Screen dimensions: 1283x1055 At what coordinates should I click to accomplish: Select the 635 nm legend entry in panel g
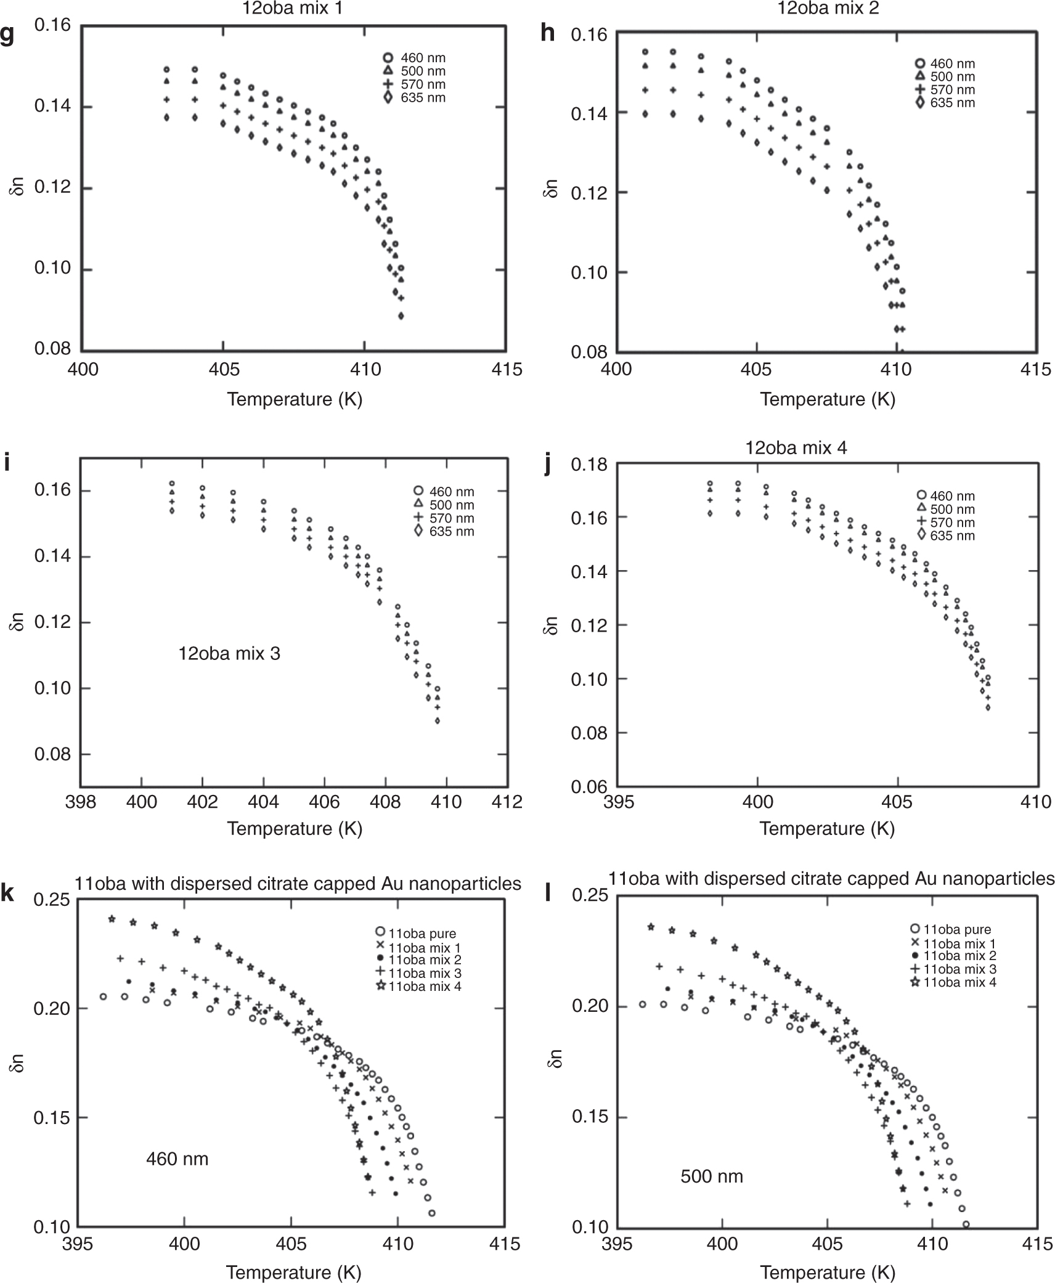[x=422, y=98]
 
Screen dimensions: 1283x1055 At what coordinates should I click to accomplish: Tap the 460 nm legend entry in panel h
[x=952, y=64]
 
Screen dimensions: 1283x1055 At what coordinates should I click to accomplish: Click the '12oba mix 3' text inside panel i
[x=229, y=653]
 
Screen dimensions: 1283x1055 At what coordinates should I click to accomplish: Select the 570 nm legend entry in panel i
[x=451, y=518]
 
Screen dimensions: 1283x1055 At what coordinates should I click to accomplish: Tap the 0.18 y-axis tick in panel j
[x=589, y=465]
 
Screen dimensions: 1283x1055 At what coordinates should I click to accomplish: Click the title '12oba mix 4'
[x=796, y=448]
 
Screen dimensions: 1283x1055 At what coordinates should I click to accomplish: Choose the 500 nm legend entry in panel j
[x=952, y=510]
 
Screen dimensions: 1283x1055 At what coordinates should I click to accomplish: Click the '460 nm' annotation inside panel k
[x=177, y=1159]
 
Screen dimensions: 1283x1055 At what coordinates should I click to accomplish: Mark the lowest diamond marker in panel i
[x=438, y=720]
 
